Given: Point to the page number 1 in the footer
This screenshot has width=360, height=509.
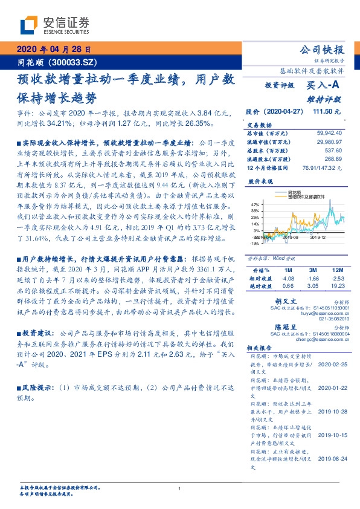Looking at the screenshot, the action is coord(180,488).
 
